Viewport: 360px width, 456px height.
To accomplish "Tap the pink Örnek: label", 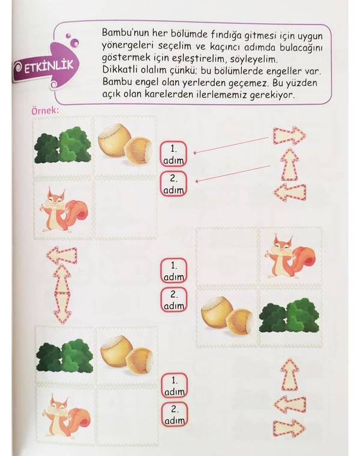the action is pyautogui.click(x=45, y=111).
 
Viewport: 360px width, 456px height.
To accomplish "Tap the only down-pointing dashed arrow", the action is pyautogui.click(x=62, y=308).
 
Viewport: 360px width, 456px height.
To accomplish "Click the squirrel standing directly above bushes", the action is pyautogui.click(x=290, y=256).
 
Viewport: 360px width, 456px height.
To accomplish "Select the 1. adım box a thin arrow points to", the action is pyautogui.click(x=173, y=154).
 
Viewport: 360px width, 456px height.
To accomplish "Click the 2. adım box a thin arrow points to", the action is pyautogui.click(x=173, y=184).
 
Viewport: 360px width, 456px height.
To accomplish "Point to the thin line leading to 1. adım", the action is pyautogui.click(x=231, y=145).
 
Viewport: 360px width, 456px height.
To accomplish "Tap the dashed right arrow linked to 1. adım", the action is pyautogui.click(x=289, y=136).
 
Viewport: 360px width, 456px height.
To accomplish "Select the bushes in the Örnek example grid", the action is pyautogui.click(x=62, y=145).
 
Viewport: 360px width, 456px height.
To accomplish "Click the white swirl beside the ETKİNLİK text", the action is pyautogui.click(x=18, y=67).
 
